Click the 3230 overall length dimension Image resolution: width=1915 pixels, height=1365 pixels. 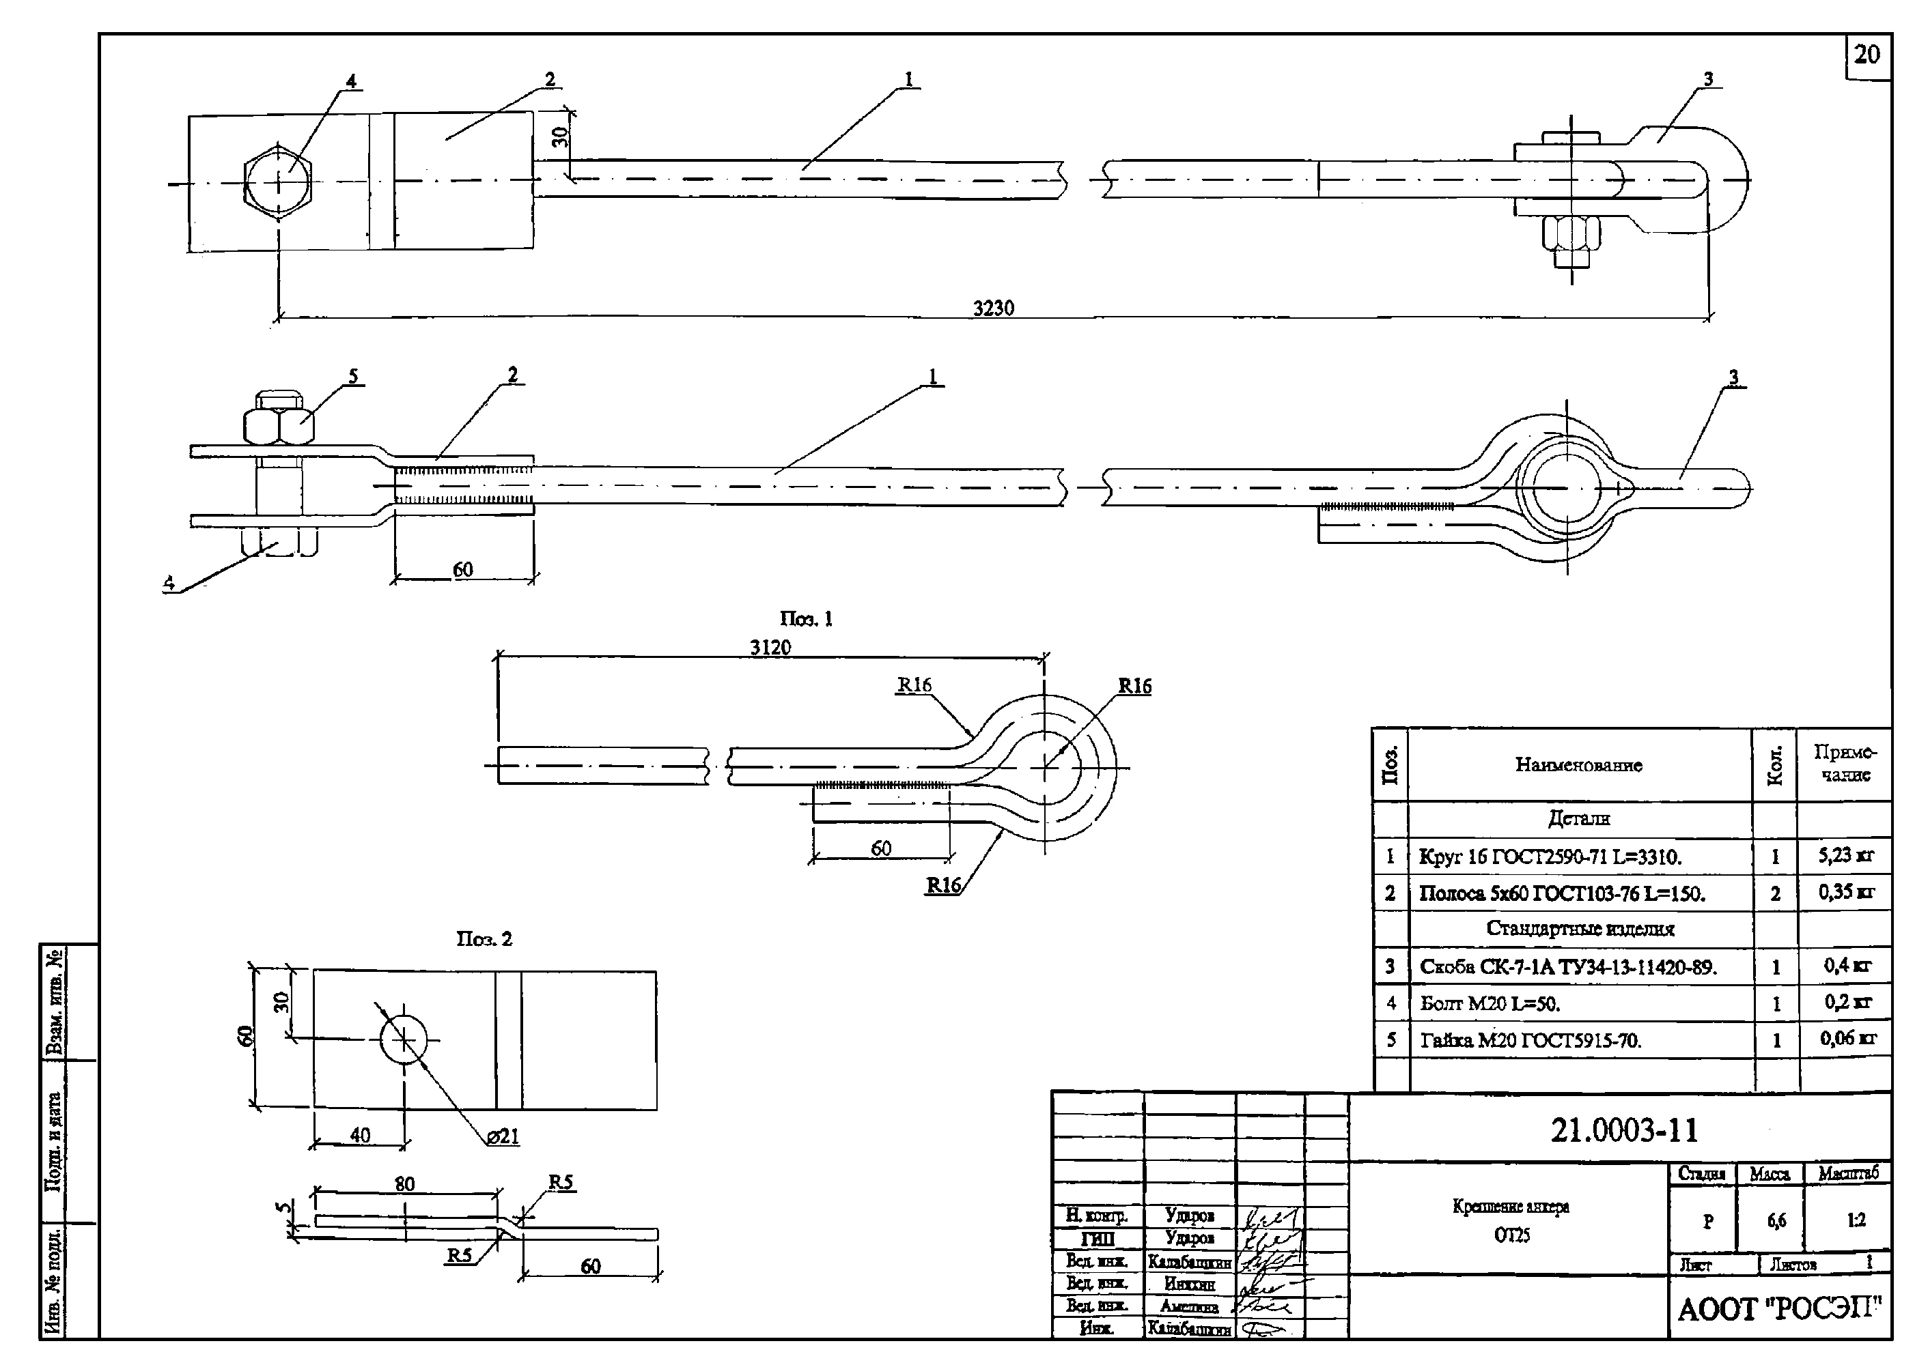pyautogui.click(x=993, y=308)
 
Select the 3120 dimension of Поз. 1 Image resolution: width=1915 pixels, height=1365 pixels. pyautogui.click(x=770, y=647)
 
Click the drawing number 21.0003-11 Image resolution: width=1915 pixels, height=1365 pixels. pyautogui.click(x=1624, y=1130)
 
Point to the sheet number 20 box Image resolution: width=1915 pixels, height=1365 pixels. pyautogui.click(x=1867, y=55)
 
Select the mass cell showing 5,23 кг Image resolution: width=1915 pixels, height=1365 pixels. pyautogui.click(x=1846, y=856)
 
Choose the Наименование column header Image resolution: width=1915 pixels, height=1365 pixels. pyautogui.click(x=1578, y=765)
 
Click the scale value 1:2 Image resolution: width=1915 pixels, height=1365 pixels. pyautogui.click(x=1856, y=1220)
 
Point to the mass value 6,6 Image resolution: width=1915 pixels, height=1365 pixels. pyautogui.click(x=1776, y=1220)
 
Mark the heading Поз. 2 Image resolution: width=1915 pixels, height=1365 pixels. pyautogui.click(x=484, y=939)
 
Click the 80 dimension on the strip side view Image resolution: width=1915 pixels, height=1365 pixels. pyautogui.click(x=404, y=1183)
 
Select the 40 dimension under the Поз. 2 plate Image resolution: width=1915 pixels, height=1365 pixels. pyautogui.click(x=360, y=1136)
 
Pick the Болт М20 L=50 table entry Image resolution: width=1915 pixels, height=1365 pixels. pyautogui.click(x=1490, y=1003)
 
